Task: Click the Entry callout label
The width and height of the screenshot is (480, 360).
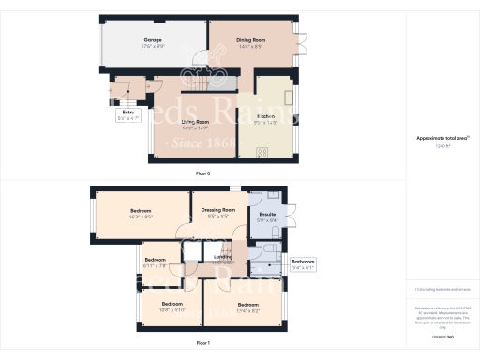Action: click(x=127, y=116)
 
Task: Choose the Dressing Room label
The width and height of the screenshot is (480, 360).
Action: click(x=217, y=212)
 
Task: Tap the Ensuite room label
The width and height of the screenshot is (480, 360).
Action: click(x=267, y=218)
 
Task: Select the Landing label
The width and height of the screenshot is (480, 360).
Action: click(x=223, y=257)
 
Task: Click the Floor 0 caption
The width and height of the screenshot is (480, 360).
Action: click(x=202, y=174)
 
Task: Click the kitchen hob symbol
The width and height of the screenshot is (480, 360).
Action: click(x=262, y=152)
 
